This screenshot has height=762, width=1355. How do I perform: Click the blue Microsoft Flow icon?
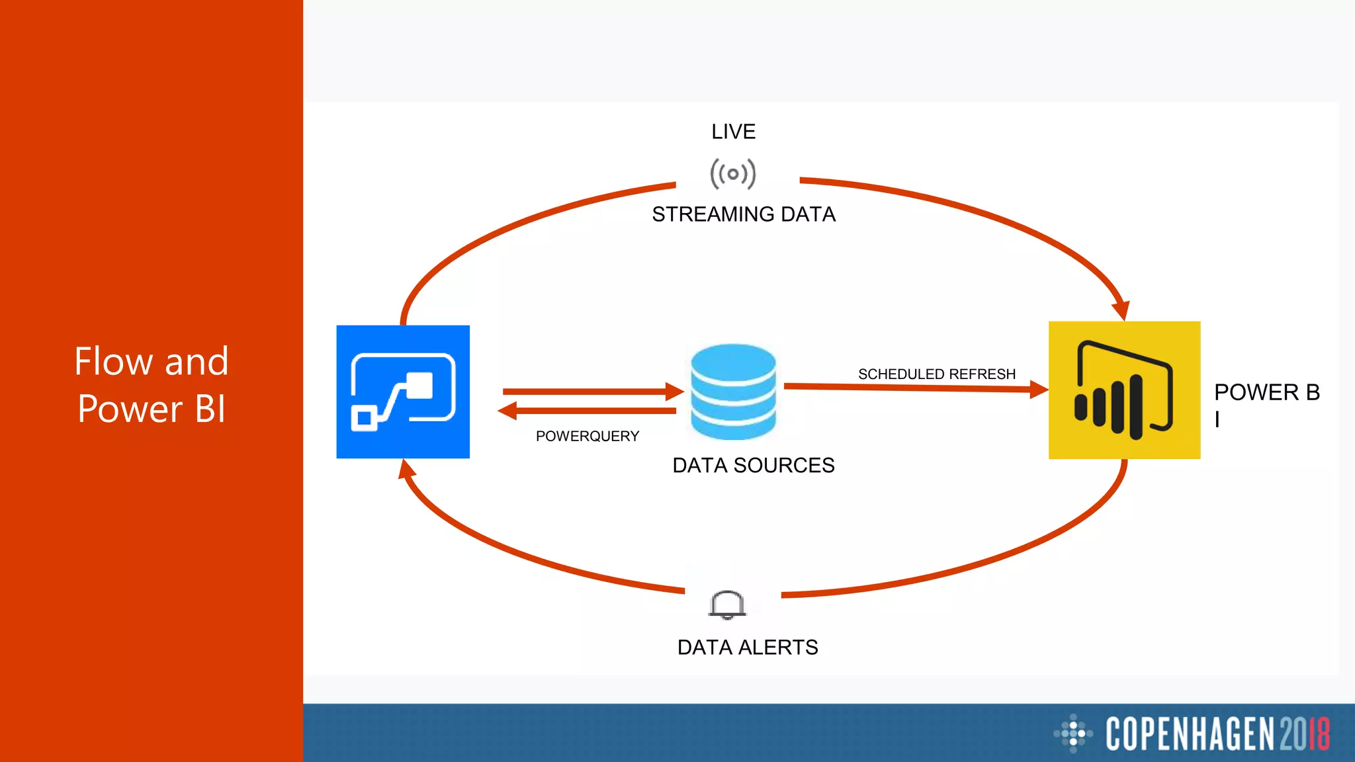pyautogui.click(x=403, y=392)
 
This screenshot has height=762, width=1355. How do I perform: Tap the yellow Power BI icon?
pyautogui.click(x=1124, y=390)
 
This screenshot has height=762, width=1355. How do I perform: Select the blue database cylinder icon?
pyautogui.click(x=733, y=392)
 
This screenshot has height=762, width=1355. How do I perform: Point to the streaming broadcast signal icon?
pyautogui.click(x=732, y=174)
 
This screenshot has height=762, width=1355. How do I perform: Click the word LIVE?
pyautogui.click(x=733, y=132)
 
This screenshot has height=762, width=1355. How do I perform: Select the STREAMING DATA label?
pyautogui.click(x=744, y=214)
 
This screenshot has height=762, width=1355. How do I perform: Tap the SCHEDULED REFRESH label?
pyautogui.click(x=936, y=374)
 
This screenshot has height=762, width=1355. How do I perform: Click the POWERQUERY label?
pyautogui.click(x=587, y=437)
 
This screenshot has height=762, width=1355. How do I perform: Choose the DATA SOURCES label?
pyautogui.click(x=753, y=466)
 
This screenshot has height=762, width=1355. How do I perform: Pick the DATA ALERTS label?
pyautogui.click(x=748, y=647)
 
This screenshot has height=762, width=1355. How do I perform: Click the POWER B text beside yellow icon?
pyautogui.click(x=1266, y=393)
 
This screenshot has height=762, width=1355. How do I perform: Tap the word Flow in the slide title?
pyautogui.click(x=113, y=362)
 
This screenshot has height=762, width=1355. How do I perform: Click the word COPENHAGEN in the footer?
pyautogui.click(x=1190, y=734)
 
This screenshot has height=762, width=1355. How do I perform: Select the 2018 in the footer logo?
pyautogui.click(x=1304, y=734)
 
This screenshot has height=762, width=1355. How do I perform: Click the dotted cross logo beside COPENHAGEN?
pyautogui.click(x=1072, y=733)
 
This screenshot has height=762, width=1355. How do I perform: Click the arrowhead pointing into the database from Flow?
pyautogui.click(x=675, y=392)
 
